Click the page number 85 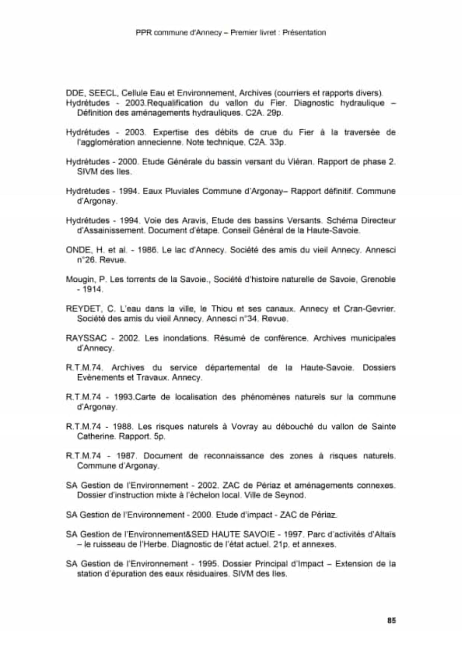(391, 620)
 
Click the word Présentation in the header (304, 32)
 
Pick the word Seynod (290, 495)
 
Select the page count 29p (274, 113)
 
